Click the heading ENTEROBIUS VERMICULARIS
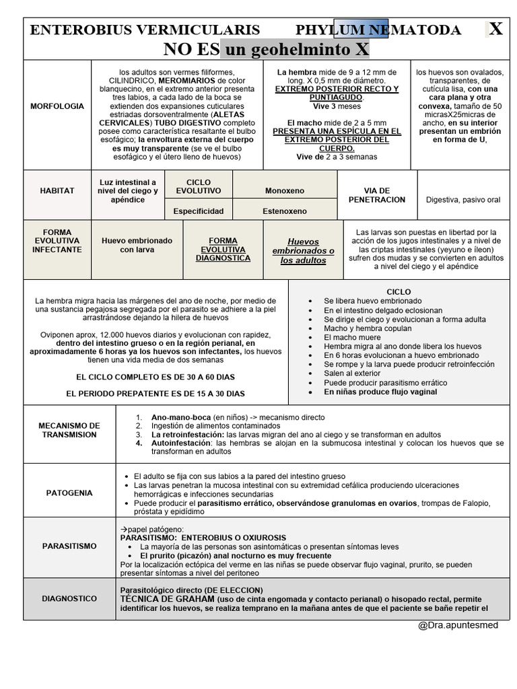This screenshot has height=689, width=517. click(145, 30)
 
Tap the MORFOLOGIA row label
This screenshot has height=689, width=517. click(57, 106)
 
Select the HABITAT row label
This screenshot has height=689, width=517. click(57, 191)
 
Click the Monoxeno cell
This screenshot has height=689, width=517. click(284, 191)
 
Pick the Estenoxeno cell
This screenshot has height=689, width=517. click(284, 211)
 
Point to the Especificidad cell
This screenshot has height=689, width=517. click(199, 211)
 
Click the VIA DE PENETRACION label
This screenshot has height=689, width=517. click(377, 195)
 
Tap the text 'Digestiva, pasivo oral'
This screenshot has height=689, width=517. click(463, 200)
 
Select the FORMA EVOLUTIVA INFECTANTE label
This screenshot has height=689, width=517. click(57, 241)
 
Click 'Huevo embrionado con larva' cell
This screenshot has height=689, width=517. click(137, 245)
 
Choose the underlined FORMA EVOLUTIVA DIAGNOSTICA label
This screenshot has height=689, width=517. click(223, 249)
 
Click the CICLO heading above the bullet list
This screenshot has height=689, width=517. click(399, 291)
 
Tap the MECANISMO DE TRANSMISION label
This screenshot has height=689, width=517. click(70, 430)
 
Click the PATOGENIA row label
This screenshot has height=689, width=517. click(70, 493)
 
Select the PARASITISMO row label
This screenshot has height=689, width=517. click(70, 546)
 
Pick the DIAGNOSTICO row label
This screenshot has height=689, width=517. click(70, 598)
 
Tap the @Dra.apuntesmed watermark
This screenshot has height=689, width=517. click(458, 625)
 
